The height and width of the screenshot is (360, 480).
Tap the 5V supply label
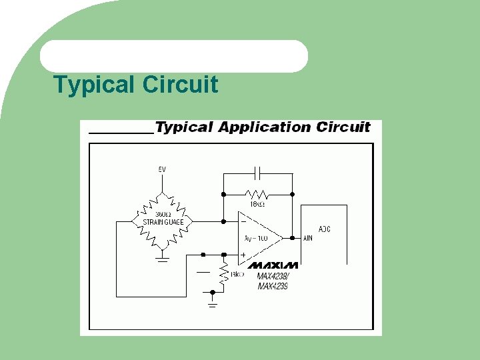pos(161,169)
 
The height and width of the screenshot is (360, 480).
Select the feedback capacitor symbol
pos(257,173)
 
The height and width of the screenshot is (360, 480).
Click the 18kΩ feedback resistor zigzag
pos(257,194)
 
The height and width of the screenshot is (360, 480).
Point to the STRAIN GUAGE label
pos(163,222)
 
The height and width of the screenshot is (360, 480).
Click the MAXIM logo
pos(273,265)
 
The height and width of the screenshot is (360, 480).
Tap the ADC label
pos(324,229)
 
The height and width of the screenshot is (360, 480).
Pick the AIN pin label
pos(308,238)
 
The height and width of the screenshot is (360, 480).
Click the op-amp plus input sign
pos(243,255)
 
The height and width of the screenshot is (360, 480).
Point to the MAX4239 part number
pos(273,286)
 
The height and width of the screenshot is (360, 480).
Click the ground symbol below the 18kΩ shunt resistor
pos(213,304)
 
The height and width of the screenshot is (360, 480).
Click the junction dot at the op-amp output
pos(292,237)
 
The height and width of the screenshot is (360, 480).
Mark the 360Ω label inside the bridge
pos(162,213)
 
